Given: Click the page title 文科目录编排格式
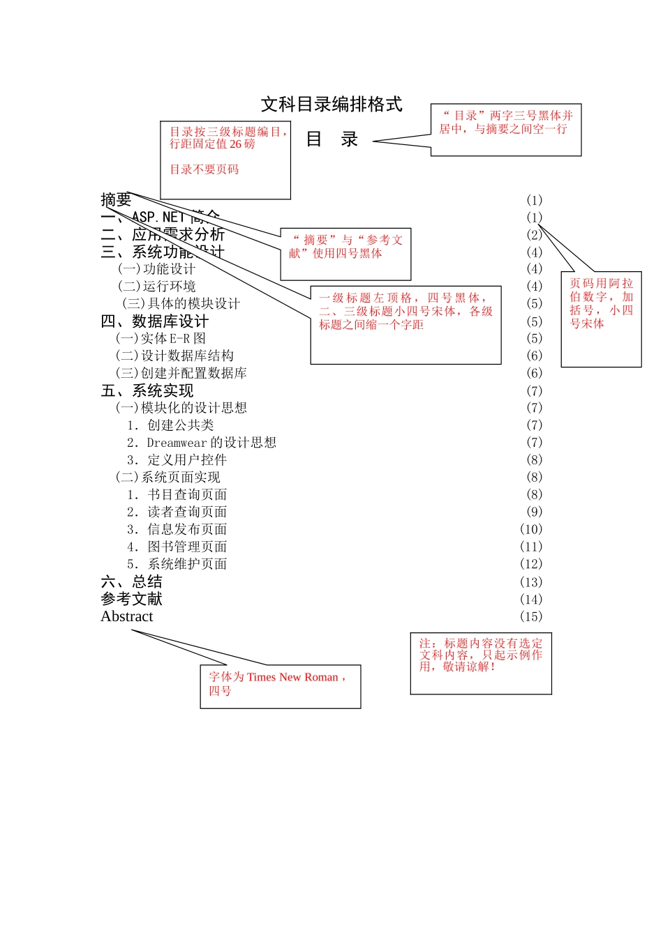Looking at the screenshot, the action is coord(331,105).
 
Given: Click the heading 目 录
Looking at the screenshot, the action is coord(331,139).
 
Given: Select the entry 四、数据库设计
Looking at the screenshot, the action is coord(154,321).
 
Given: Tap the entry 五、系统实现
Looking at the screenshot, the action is coord(147,391).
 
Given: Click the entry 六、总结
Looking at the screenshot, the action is coord(131,582).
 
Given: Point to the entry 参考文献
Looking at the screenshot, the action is coord(131,600).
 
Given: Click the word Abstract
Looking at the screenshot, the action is coord(126,617).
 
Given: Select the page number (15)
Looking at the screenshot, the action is coord(530,617).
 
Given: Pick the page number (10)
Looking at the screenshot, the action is coord(530,530).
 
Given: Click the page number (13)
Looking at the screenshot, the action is coord(530,582).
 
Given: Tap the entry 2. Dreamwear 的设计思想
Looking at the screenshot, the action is coord(201,443).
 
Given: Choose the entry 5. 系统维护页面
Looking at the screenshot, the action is coord(177,565).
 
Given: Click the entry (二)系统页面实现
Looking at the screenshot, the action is coord(167,478).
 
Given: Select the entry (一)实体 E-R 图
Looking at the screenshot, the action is coord(161,339).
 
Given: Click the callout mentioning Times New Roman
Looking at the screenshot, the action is coord(280,684).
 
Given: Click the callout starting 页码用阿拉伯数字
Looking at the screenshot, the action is coord(601,304).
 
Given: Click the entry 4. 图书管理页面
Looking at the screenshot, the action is coord(177,547).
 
